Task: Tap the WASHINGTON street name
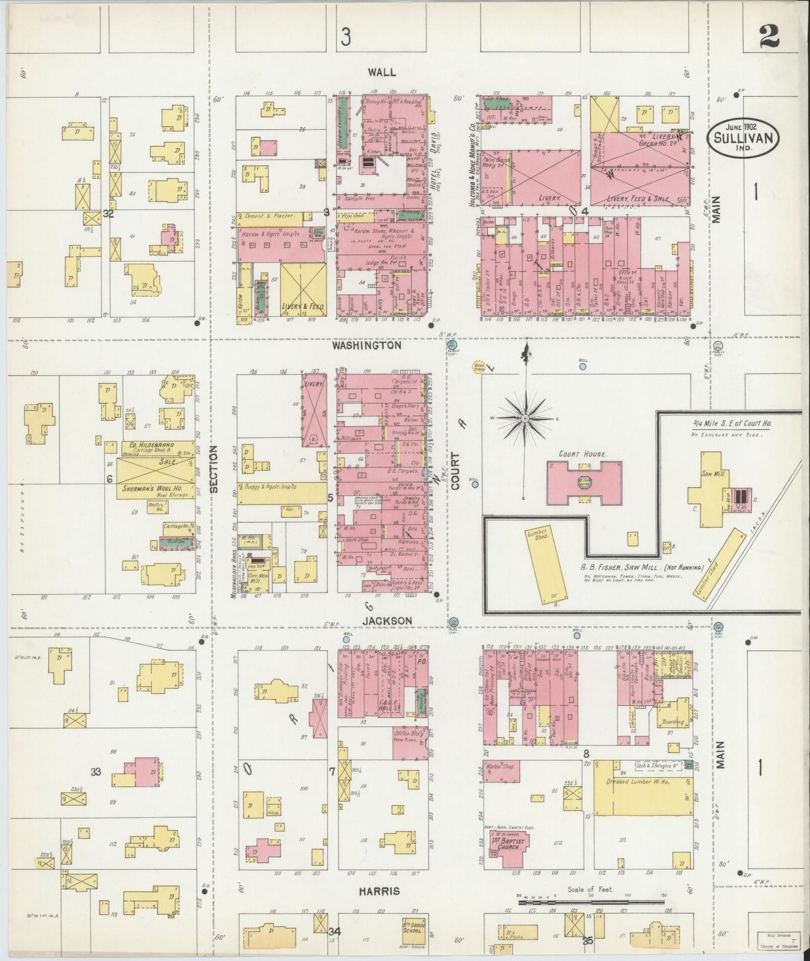[367, 346]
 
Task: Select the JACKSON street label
[387, 621]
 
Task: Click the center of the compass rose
[525, 419]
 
